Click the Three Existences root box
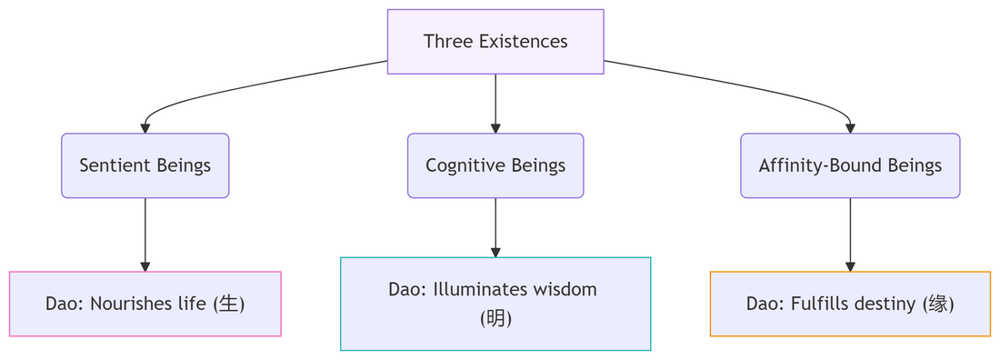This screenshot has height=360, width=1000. [x=495, y=42]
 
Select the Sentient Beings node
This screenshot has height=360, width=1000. [x=145, y=166]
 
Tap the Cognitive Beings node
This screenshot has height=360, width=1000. [x=495, y=166]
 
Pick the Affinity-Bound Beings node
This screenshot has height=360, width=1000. [x=850, y=166]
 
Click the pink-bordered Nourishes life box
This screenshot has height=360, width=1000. [x=145, y=304]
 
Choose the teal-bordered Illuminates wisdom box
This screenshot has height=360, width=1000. [x=495, y=304]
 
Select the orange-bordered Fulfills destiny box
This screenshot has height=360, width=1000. [x=850, y=304]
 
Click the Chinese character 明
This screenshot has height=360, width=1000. [x=495, y=318]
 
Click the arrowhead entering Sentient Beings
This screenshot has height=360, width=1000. [x=145, y=128]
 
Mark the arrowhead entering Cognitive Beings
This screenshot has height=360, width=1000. [x=495, y=128]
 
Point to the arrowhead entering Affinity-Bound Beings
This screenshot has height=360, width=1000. [x=850, y=128]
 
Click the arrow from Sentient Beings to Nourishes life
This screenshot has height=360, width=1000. [x=145, y=235]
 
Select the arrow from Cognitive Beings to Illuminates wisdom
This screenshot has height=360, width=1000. [x=495, y=228]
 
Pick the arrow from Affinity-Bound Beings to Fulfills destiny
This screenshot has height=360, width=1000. [x=850, y=235]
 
